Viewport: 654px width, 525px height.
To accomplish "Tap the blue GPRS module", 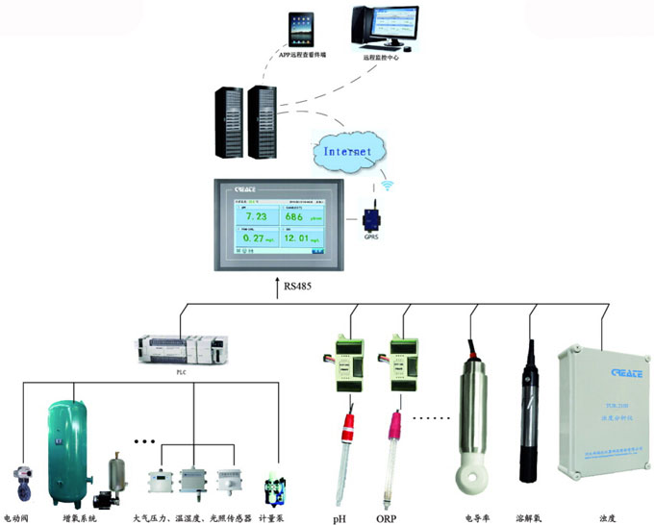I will click(370, 213).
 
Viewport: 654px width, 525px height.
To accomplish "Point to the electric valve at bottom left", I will click(23, 485).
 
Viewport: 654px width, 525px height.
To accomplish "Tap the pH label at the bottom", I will click(340, 518).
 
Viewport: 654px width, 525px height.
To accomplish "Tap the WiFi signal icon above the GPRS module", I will click(387, 183).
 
